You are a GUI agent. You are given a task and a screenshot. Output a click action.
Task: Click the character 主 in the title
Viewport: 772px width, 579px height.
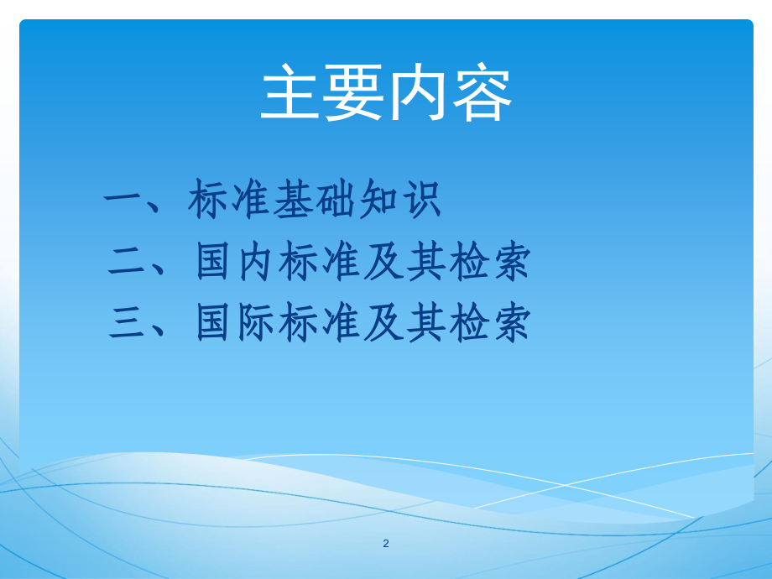[291, 94]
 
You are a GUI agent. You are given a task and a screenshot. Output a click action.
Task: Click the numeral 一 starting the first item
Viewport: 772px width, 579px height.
[124, 201]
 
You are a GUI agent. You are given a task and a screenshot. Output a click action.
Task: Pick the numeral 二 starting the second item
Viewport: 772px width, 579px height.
[129, 263]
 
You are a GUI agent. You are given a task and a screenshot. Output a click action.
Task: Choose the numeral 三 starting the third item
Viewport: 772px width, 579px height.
[129, 323]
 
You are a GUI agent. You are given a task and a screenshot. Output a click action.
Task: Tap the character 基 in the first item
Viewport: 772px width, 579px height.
[294, 201]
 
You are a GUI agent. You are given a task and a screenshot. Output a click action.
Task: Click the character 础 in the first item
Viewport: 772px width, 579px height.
[336, 201]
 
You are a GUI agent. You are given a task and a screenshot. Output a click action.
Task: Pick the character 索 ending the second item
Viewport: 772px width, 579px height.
[510, 263]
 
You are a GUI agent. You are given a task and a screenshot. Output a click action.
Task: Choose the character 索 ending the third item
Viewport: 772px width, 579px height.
[510, 323]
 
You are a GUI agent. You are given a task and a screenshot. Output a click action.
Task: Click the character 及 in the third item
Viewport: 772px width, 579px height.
[384, 323]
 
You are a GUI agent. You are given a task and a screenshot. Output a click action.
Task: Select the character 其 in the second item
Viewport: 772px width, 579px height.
[426, 263]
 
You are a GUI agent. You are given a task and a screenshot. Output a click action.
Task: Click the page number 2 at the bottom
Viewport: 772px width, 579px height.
[386, 543]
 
